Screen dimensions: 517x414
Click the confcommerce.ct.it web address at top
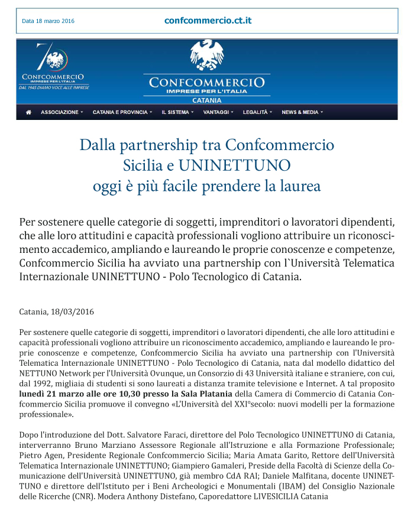208,21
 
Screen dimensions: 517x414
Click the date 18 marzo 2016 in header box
48,21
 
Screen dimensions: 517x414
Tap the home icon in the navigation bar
28,112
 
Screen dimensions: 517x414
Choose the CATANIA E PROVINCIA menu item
122,112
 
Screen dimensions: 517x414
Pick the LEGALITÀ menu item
257,112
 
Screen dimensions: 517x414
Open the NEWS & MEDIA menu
302,112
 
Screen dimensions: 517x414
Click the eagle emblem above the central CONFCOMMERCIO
206,56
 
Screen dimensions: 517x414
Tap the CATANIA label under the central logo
206,100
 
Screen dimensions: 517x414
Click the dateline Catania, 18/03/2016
56,311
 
